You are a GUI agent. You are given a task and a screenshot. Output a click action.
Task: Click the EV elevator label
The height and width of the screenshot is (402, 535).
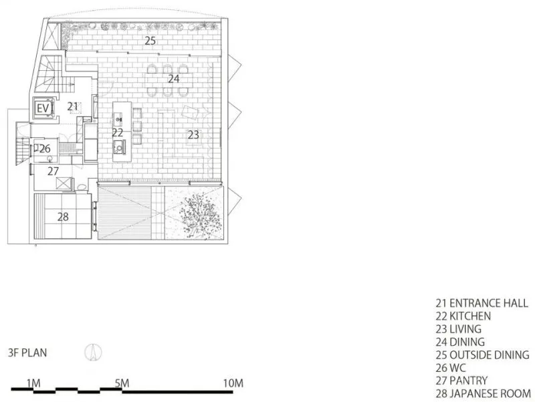click(43, 109)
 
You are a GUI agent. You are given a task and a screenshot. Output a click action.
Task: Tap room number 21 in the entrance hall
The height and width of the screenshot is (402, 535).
click(72, 107)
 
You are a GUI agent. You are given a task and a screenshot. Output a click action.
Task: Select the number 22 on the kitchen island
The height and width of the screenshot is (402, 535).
click(118, 132)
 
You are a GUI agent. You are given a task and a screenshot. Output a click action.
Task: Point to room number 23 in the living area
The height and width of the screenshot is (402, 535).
click(193, 135)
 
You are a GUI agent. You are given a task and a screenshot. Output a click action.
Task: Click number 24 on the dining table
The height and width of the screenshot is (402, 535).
click(174, 79)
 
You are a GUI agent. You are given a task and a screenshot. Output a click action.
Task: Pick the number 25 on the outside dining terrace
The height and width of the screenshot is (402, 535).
click(150, 41)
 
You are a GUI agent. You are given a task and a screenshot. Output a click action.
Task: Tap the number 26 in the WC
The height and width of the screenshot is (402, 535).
click(45, 148)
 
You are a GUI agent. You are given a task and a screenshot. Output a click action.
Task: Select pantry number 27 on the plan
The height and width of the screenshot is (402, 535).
click(53, 171)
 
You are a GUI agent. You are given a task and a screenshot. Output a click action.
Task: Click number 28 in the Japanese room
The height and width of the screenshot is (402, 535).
click(63, 217)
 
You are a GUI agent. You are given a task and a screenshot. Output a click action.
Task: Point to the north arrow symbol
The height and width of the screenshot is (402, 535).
click(93, 353)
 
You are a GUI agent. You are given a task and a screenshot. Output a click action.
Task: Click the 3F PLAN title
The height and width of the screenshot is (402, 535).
click(27, 353)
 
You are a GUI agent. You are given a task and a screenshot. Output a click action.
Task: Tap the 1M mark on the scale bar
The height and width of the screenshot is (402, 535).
click(33, 383)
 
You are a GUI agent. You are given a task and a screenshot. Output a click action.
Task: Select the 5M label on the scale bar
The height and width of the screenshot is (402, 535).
click(122, 383)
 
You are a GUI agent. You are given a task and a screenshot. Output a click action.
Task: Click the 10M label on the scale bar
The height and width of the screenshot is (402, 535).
click(233, 383)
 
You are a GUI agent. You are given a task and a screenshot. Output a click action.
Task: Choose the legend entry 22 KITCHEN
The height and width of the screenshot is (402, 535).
click(463, 316)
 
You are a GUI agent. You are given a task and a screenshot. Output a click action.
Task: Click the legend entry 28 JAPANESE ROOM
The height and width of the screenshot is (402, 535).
click(483, 393)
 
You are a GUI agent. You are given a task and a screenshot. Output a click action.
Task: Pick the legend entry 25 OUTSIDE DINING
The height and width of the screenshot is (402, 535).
click(482, 355)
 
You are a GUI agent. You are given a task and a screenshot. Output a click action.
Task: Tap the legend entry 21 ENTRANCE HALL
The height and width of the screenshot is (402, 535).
click(481, 303)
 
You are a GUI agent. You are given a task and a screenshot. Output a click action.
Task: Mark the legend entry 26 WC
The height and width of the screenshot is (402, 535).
click(450, 368)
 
